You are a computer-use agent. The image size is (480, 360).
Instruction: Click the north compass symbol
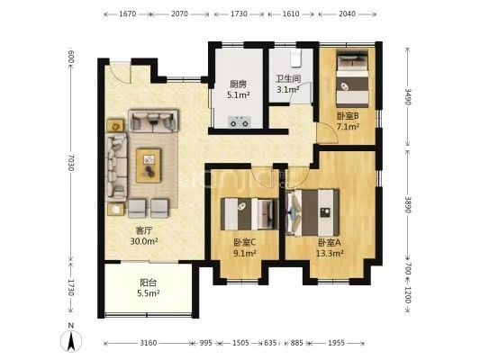[71, 339]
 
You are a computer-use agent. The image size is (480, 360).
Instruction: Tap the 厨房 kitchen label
[238, 84]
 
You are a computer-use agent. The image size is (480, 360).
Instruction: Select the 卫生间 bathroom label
[288, 78]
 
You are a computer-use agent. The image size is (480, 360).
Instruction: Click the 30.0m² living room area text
[144, 241]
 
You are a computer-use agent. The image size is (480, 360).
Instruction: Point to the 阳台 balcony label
[149, 283]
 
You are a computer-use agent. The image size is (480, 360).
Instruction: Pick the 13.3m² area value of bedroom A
[330, 253]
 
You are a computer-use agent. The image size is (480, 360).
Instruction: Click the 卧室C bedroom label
[245, 242]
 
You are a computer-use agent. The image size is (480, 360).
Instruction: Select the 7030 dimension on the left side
[71, 162]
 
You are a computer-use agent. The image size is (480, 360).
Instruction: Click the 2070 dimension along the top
[180, 13]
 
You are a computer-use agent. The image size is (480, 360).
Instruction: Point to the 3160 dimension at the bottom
[149, 343]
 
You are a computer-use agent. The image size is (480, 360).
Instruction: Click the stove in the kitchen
[240, 121]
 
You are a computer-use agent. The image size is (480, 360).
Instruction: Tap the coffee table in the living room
[149, 166]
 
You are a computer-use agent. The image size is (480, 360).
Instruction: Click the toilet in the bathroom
[296, 58]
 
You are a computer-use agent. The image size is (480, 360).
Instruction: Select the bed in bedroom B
[352, 78]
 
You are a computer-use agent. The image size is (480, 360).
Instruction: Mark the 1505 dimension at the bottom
[240, 343]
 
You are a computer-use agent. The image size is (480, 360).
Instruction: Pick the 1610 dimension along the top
[291, 13]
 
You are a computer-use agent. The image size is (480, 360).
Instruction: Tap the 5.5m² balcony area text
[149, 293]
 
